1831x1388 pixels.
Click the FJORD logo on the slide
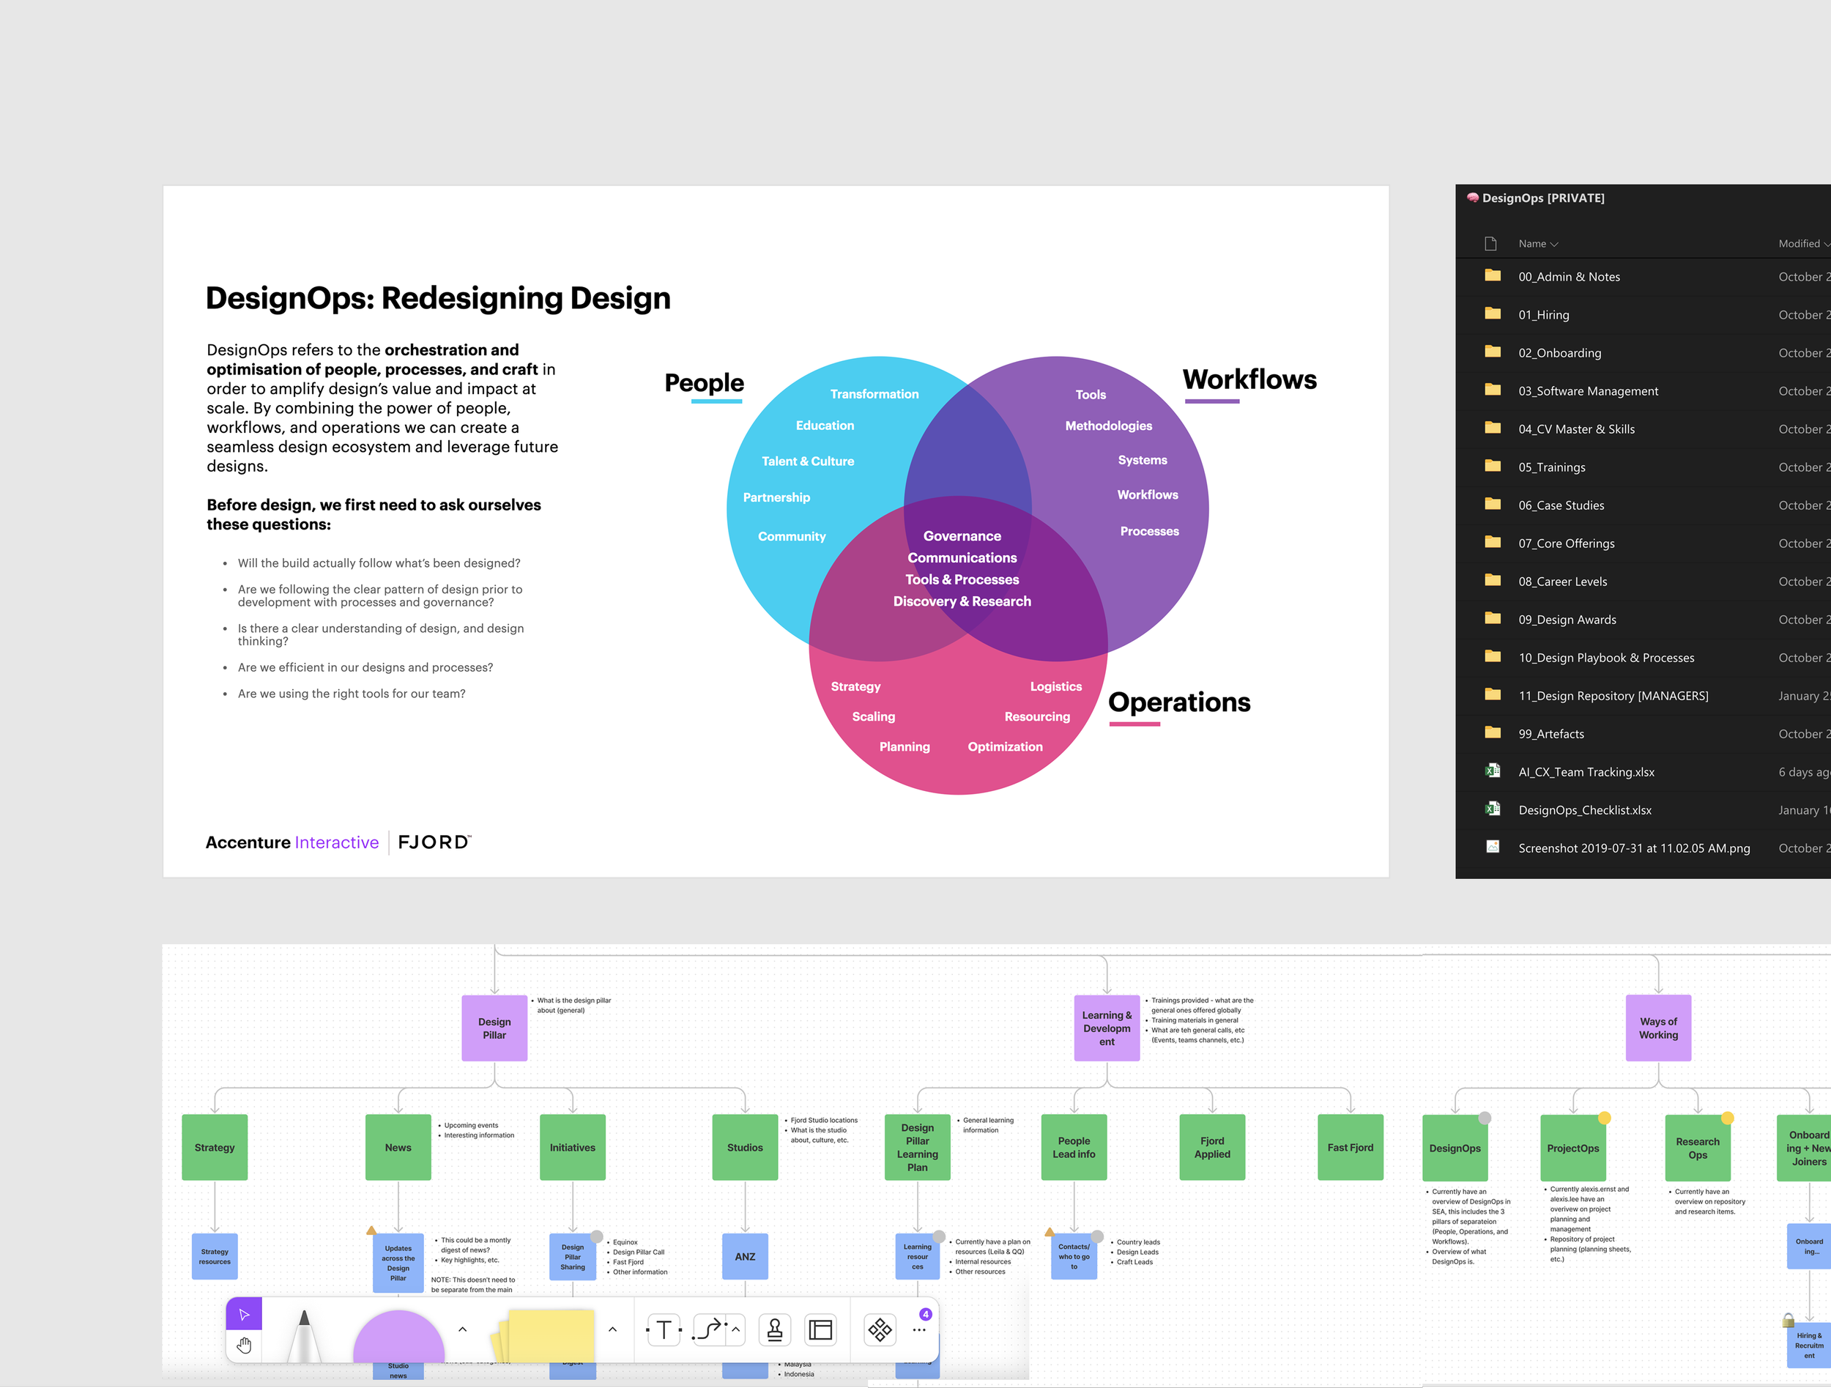(x=434, y=842)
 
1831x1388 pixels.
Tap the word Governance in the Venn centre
(x=962, y=536)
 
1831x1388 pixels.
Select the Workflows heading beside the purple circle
(x=1249, y=380)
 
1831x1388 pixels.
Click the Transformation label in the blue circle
(x=874, y=394)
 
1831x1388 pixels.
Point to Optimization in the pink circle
(x=1005, y=746)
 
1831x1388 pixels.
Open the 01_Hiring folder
(x=1543, y=314)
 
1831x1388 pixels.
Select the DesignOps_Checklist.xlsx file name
(x=1584, y=810)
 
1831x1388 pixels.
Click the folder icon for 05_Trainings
(x=1493, y=466)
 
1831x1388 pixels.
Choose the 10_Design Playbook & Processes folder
(x=1606, y=658)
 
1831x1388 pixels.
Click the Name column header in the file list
(x=1532, y=243)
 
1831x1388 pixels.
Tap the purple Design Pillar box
(x=494, y=1028)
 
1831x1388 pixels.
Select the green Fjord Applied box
(x=1212, y=1147)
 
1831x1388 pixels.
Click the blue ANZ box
(x=745, y=1256)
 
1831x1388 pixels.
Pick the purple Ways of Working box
(x=1658, y=1028)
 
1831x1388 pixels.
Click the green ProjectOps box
(x=1572, y=1148)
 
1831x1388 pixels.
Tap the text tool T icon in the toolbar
(x=663, y=1330)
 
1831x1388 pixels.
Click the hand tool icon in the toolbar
(x=244, y=1346)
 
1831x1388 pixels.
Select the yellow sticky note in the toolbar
(x=551, y=1333)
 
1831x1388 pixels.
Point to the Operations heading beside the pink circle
(x=1178, y=702)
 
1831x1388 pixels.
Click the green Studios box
(x=745, y=1147)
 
